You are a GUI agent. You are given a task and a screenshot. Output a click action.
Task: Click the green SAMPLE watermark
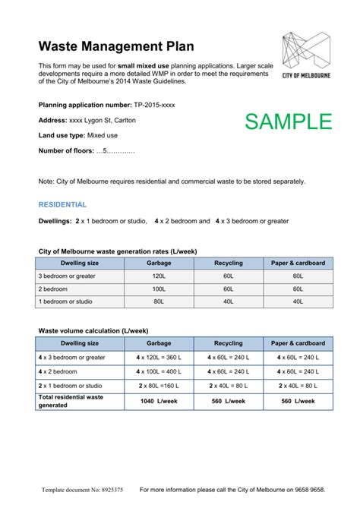click(288, 121)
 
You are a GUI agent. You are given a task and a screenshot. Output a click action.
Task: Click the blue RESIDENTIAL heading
click(62, 205)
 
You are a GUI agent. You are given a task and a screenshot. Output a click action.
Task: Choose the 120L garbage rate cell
click(158, 276)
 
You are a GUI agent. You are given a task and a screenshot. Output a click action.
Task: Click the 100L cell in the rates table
click(158, 289)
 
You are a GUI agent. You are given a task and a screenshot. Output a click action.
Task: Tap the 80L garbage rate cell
click(158, 301)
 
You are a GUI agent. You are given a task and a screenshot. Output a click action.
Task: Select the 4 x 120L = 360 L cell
click(158, 358)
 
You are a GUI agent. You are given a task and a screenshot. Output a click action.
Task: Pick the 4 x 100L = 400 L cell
click(158, 372)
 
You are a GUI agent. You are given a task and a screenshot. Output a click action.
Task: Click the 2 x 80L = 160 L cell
click(158, 386)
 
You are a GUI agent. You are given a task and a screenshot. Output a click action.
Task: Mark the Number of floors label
click(66, 150)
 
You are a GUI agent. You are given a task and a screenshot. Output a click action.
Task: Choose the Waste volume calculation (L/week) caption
click(93, 331)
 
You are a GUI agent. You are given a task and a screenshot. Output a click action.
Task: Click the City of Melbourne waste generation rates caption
click(118, 250)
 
